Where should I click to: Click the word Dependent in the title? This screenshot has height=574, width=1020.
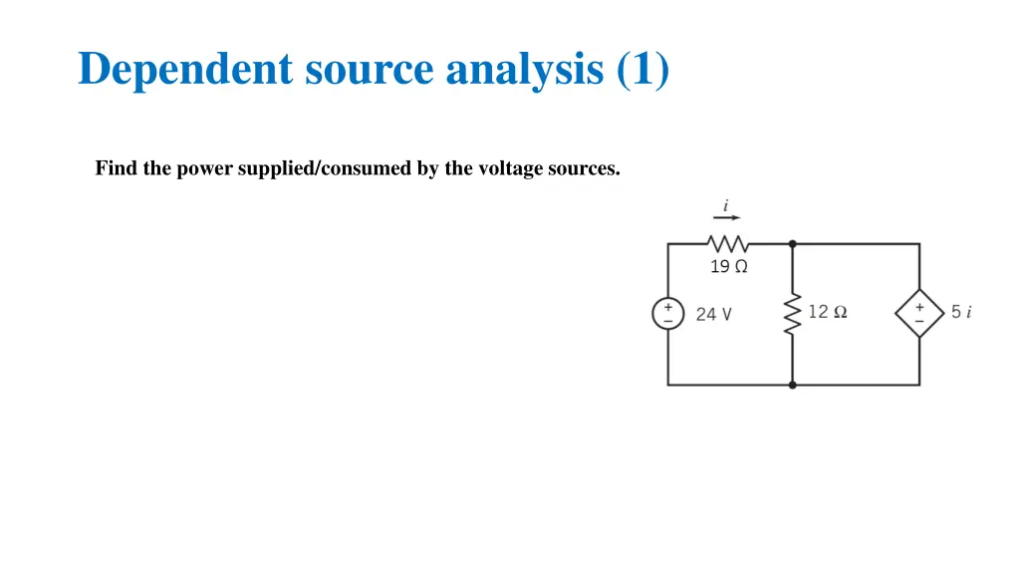tap(185, 70)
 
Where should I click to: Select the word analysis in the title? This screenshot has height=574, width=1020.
tap(525, 70)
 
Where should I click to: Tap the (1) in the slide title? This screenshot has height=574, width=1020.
tap(642, 70)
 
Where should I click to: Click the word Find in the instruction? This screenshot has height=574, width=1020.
tap(117, 168)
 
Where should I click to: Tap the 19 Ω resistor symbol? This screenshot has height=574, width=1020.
tap(728, 243)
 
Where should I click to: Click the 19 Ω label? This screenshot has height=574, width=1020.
tap(728, 266)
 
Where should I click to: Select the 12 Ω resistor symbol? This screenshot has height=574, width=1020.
tap(793, 314)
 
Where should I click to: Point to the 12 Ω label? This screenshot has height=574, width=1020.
tap(828, 312)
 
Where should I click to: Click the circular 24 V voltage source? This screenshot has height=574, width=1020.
tap(667, 314)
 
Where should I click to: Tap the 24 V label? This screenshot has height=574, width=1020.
tap(713, 314)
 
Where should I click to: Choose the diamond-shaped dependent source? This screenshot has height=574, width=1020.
tap(918, 314)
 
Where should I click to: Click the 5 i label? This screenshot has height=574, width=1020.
tap(960, 312)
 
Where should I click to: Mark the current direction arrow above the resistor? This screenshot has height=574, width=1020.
tap(726, 218)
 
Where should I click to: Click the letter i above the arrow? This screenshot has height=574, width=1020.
tap(726, 205)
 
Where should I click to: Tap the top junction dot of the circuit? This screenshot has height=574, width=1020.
tap(793, 243)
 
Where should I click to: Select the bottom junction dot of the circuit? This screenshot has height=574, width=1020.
tap(793, 385)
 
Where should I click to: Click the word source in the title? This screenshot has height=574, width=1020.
tap(370, 70)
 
